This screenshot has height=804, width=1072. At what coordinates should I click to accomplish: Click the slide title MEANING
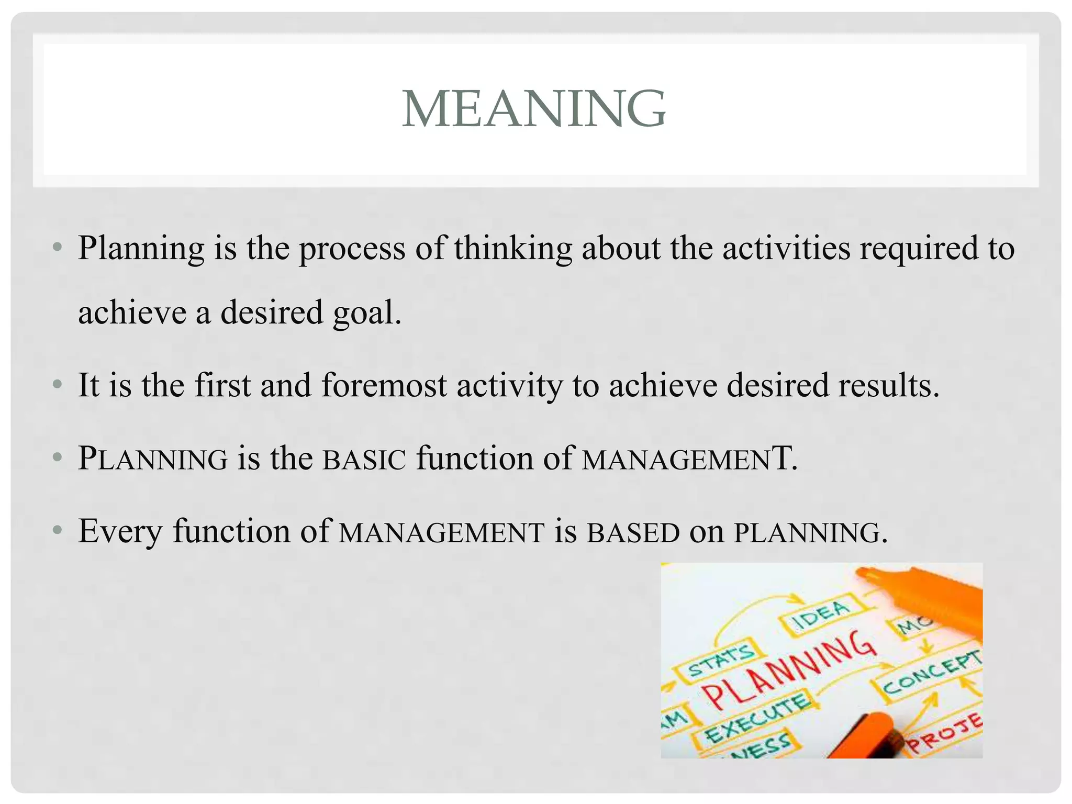[x=534, y=108]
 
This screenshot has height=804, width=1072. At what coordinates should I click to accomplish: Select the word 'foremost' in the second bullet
[x=384, y=385]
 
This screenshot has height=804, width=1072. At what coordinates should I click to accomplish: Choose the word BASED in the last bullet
[x=633, y=532]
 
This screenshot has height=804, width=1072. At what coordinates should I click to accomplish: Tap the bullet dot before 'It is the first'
[x=58, y=386]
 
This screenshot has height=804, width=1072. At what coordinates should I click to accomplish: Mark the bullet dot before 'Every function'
[x=58, y=531]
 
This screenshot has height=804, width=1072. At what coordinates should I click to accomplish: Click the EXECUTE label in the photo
[x=756, y=718]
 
